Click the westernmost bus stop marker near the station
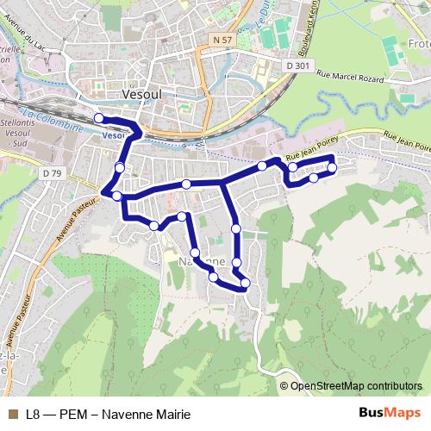click(x=98, y=118)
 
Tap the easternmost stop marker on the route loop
click(x=332, y=167)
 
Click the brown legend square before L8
click(x=12, y=413)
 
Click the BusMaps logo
click(x=389, y=412)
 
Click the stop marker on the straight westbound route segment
click(x=186, y=184)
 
